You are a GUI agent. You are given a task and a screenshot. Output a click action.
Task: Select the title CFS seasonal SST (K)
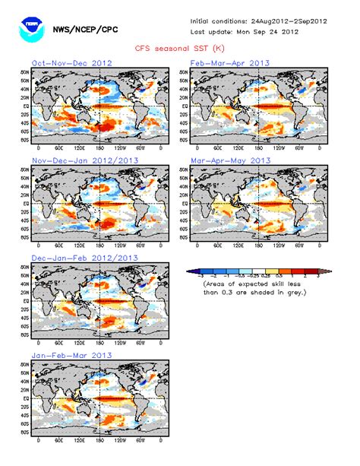(x=178, y=46)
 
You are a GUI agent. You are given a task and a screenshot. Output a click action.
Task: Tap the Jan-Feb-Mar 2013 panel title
(x=71, y=355)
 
